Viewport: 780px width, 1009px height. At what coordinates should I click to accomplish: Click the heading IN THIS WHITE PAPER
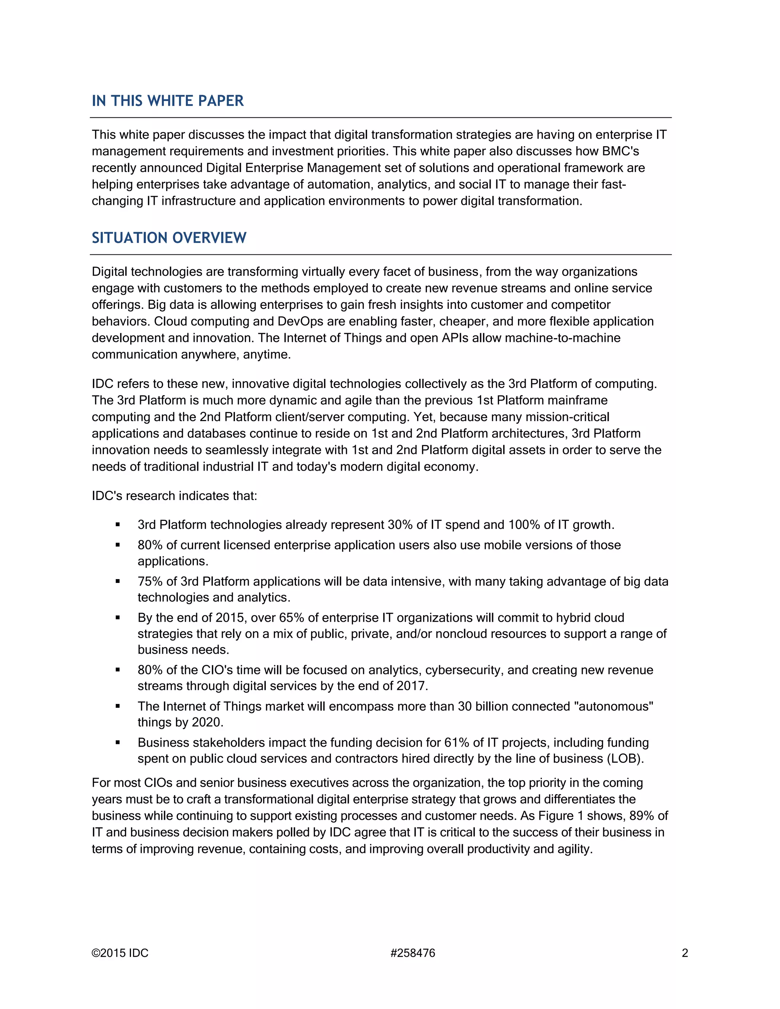pyautogui.click(x=167, y=101)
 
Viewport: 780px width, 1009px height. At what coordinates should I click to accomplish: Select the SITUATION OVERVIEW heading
pyautogui.click(x=169, y=238)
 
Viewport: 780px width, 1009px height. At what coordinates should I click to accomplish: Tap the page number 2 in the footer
pyautogui.click(x=685, y=953)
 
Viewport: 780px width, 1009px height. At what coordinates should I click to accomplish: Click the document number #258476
pyautogui.click(x=412, y=953)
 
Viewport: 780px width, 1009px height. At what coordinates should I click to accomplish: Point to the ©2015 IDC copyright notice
pyautogui.click(x=120, y=953)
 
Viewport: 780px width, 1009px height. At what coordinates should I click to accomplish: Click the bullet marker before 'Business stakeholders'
pyautogui.click(x=118, y=743)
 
